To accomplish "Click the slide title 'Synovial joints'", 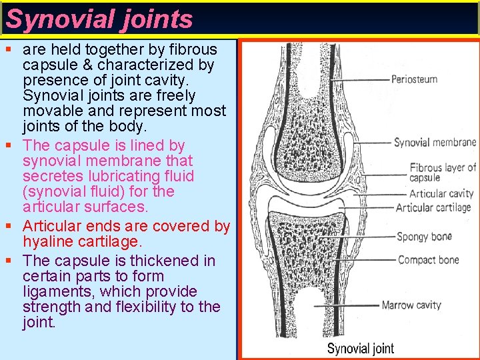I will (99, 19).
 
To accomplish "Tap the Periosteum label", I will (414, 79).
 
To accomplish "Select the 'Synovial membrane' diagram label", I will (435, 142).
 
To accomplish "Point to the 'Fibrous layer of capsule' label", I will (442, 173).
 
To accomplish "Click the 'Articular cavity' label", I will (441, 193).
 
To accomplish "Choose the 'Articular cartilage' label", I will (433, 207).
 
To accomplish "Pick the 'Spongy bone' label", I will (424, 237).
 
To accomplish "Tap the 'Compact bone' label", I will (428, 259).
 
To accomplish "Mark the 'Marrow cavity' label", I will (411, 305).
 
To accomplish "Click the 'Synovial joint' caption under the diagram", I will (360, 348).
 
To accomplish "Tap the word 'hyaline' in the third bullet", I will (47, 242).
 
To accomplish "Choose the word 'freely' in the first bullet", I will (200, 95).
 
